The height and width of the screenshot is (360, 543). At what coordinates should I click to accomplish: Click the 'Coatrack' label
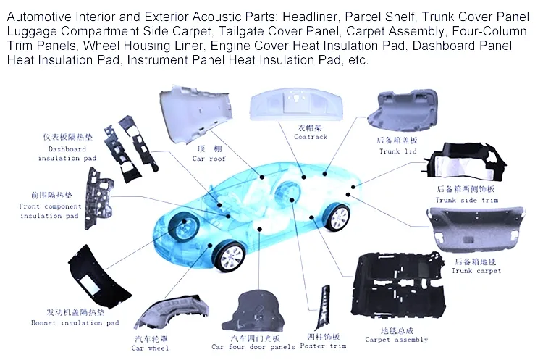[x=311, y=137]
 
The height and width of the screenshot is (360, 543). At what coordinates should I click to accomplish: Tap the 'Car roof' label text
[x=209, y=159]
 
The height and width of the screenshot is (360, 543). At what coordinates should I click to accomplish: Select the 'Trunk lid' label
[x=398, y=152]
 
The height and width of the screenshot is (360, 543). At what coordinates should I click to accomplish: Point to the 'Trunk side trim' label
[x=466, y=200]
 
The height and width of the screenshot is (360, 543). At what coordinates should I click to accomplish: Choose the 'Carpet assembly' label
[x=396, y=340]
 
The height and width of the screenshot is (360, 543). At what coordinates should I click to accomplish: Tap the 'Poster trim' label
[x=323, y=346]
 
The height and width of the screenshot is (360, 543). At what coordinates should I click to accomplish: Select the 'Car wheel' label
[x=150, y=348]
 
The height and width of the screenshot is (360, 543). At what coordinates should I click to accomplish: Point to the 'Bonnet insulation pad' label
[x=75, y=323]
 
